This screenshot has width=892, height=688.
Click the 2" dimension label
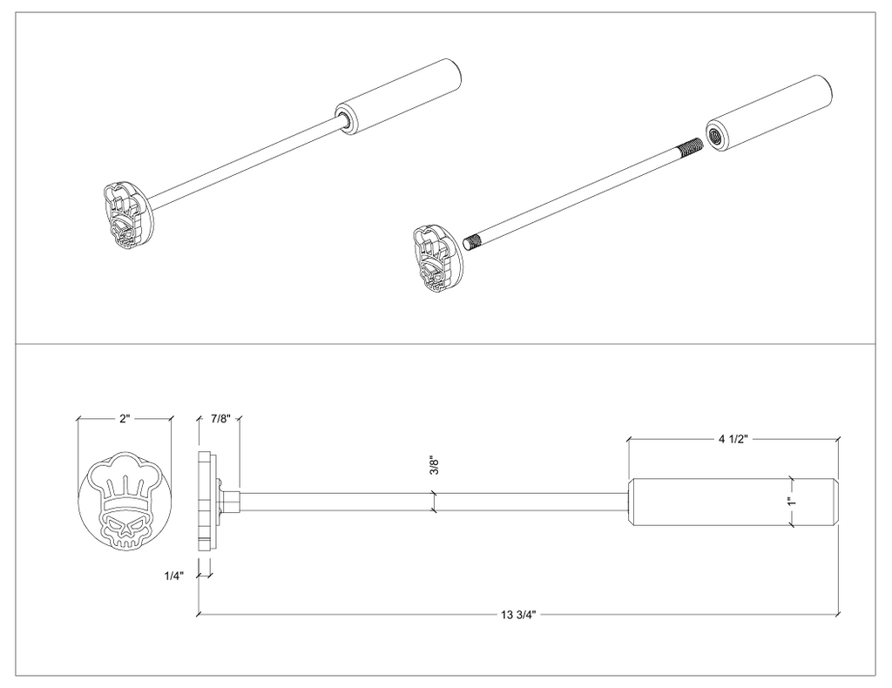[x=125, y=419]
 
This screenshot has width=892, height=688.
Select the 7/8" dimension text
[x=220, y=419]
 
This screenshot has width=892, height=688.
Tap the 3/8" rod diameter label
[x=434, y=465]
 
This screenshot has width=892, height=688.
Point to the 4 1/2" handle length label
[x=733, y=439]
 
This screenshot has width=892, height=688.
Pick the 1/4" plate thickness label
[x=173, y=576]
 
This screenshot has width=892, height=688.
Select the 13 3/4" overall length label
[x=519, y=614]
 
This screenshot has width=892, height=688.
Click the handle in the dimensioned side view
[x=733, y=503]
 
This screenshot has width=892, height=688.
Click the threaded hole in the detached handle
[x=713, y=135]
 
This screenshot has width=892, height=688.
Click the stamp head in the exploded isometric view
[x=437, y=258]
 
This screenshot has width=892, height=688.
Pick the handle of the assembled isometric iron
[x=397, y=97]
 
